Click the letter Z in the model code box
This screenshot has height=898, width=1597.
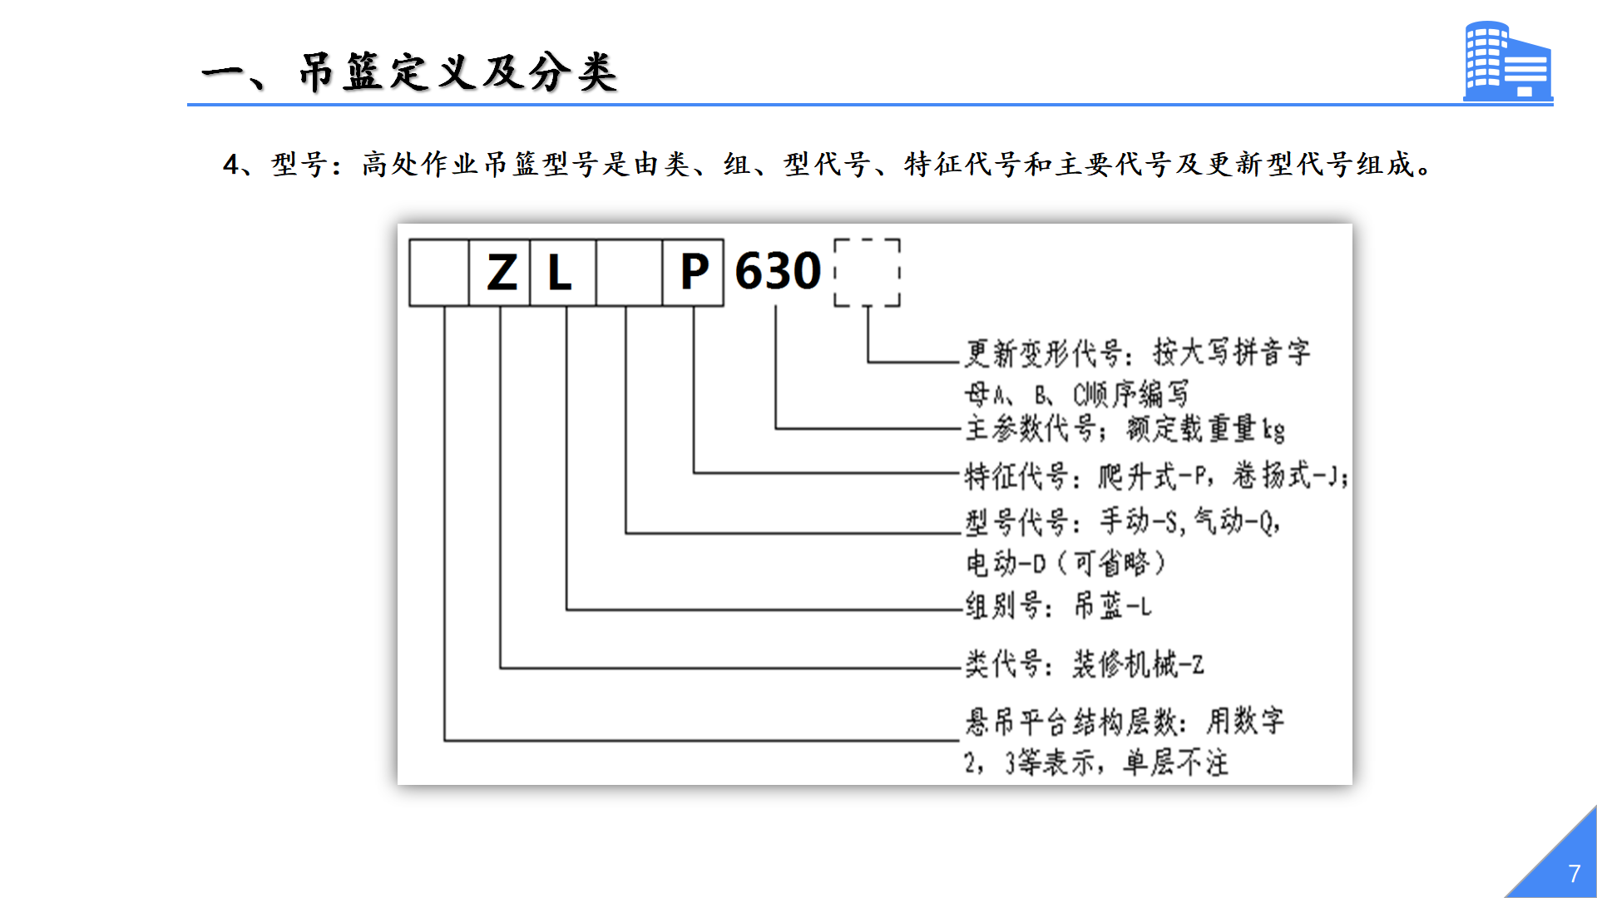point(502,273)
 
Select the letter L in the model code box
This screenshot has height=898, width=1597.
point(560,273)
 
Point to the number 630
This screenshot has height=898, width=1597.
point(778,271)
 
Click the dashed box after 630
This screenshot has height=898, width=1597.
point(867,240)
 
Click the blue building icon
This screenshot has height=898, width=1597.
point(1508,62)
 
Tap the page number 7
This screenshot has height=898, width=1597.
point(1574,874)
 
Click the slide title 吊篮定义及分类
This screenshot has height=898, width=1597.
point(458,72)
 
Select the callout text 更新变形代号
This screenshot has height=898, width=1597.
point(1044,353)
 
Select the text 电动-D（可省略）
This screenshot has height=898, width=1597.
point(1065,564)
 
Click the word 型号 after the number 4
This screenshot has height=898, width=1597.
point(299,164)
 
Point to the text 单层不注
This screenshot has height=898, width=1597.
point(1175,762)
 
